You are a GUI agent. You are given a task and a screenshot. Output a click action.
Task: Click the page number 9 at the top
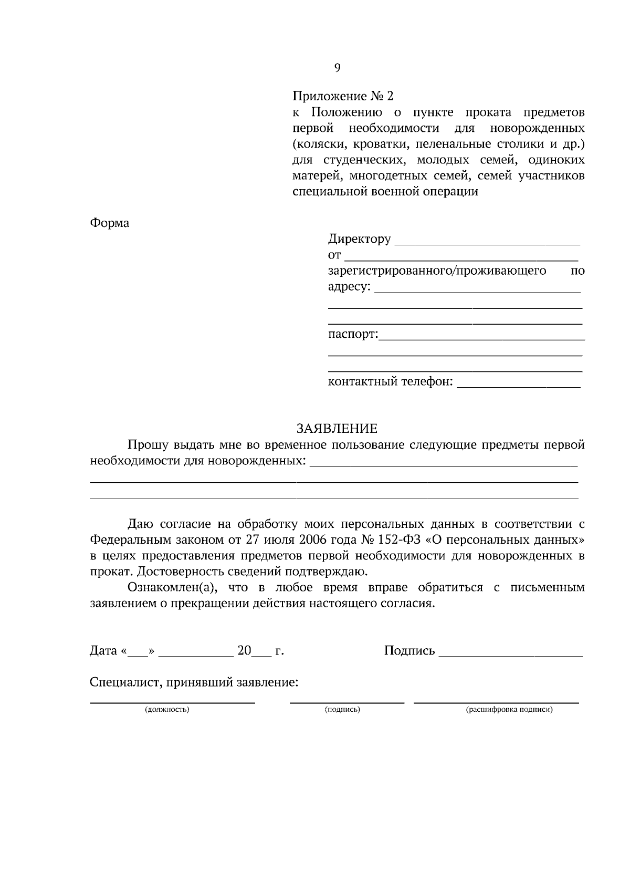[337, 68]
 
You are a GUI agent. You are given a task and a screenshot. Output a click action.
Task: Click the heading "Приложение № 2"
[342, 97]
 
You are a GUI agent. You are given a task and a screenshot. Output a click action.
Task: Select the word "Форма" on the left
[110, 223]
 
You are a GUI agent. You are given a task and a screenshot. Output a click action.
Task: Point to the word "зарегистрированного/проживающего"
[437, 271]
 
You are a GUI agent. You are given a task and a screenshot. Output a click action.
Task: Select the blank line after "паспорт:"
[481, 337]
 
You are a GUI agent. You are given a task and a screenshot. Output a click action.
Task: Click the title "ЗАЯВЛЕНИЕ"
[337, 429]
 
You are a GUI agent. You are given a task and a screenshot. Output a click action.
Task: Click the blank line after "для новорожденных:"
[444, 463]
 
